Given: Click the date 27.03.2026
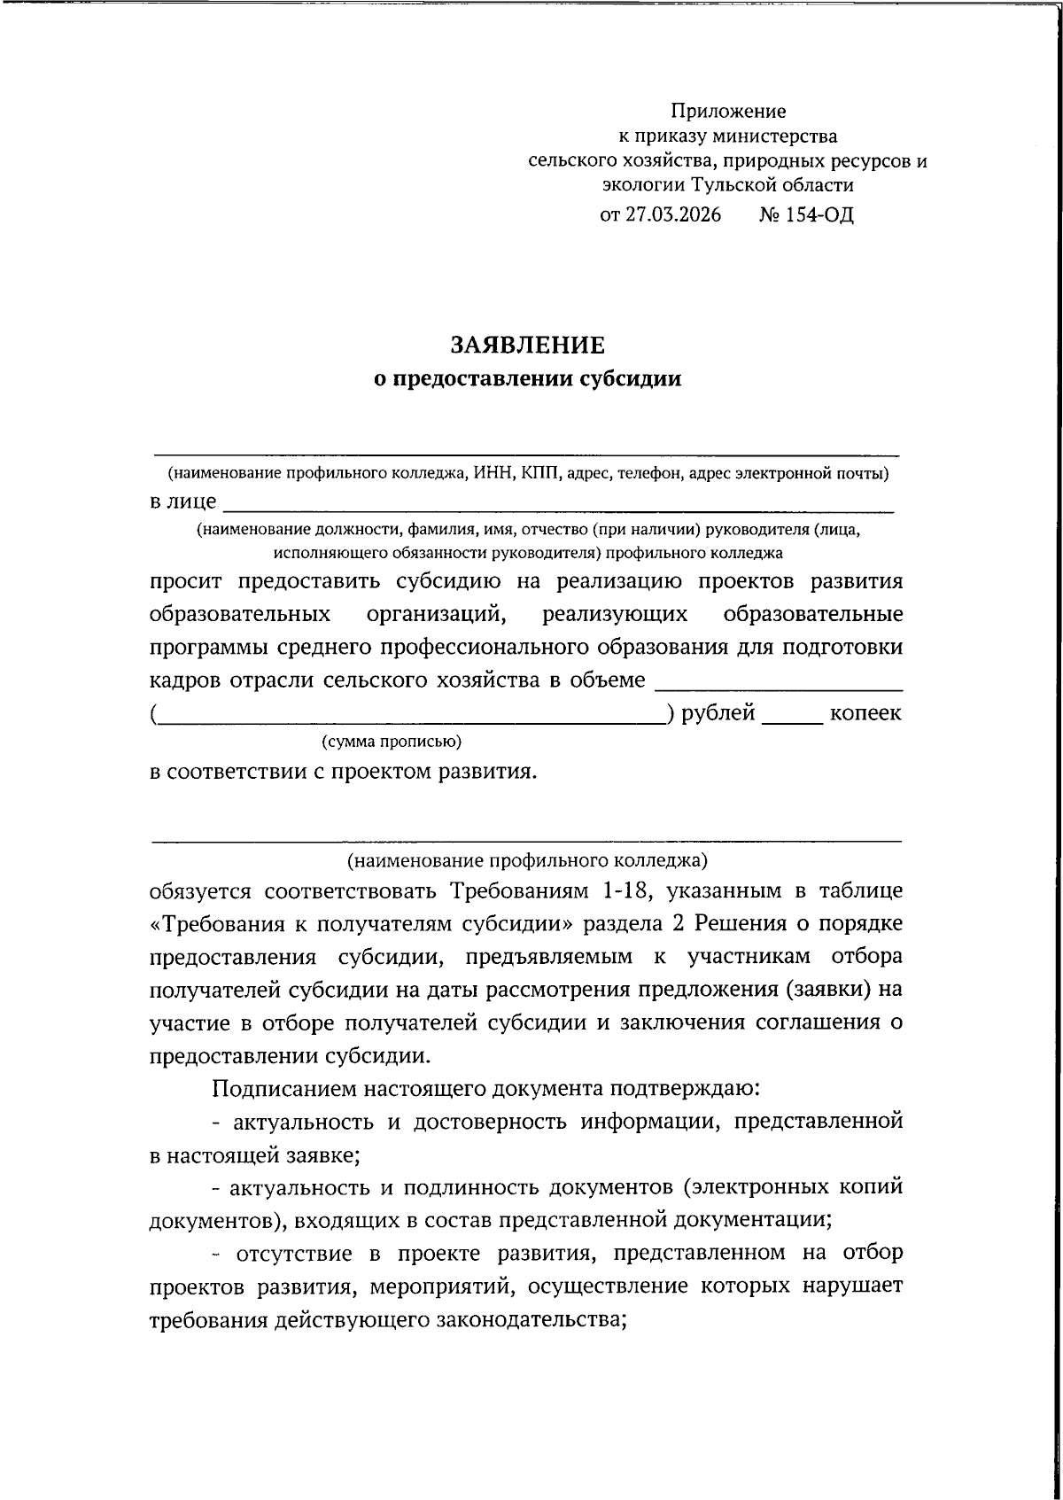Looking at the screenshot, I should [673, 215].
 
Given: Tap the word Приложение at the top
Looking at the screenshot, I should [727, 112].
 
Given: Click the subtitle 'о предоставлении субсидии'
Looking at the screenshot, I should [528, 379].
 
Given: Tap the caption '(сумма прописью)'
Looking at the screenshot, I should [391, 741].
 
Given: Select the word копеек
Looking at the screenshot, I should [865, 712].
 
